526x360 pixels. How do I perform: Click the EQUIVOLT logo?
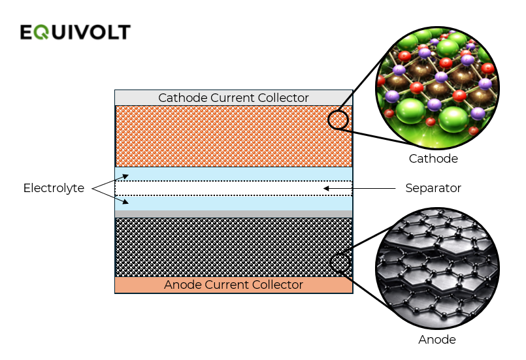coord(74,32)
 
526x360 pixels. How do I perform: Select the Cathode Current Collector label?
coord(233,98)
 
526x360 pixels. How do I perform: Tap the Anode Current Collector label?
coord(233,285)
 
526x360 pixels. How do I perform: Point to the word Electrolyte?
coord(54,188)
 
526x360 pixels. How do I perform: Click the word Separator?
coord(433,188)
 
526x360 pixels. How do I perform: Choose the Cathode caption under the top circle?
coord(433,159)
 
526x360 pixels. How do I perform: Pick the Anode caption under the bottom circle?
coord(436,340)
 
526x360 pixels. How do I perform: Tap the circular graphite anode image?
coord(437,269)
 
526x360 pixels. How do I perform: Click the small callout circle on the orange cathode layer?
coord(338,120)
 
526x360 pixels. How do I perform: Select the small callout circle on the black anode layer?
coord(340,263)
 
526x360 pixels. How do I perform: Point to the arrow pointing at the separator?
coord(359,189)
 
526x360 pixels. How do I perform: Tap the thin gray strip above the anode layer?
coord(233,214)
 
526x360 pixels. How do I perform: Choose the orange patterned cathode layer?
coord(222,136)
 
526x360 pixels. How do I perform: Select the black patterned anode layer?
coord(222,247)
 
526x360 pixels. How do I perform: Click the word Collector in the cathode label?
coord(282,98)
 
